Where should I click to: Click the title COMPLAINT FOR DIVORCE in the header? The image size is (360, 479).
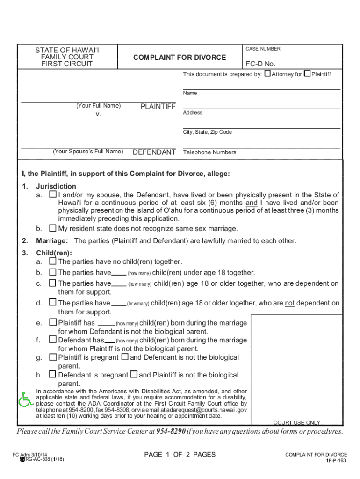(180, 58)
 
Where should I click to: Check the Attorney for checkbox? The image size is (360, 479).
(267, 73)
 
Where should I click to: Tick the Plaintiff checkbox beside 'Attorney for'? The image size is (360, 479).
(307, 73)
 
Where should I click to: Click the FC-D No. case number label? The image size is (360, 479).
(260, 64)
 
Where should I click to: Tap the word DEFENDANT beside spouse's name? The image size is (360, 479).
(154, 152)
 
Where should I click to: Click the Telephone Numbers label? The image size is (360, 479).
(209, 152)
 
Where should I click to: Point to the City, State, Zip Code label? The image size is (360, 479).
(207, 132)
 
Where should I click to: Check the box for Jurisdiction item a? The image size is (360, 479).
(53, 194)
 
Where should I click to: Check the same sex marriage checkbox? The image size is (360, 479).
(53, 228)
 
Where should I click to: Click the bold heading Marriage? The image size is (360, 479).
(52, 241)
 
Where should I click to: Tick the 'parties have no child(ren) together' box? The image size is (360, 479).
(53, 261)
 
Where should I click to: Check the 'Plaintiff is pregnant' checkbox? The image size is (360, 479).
(53, 357)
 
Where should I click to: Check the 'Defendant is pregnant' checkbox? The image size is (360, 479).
(53, 375)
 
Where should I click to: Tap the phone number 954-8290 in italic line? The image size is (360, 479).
(171, 431)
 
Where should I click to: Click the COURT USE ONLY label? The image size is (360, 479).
(297, 423)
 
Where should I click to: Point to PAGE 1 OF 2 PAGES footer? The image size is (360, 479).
(180, 455)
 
